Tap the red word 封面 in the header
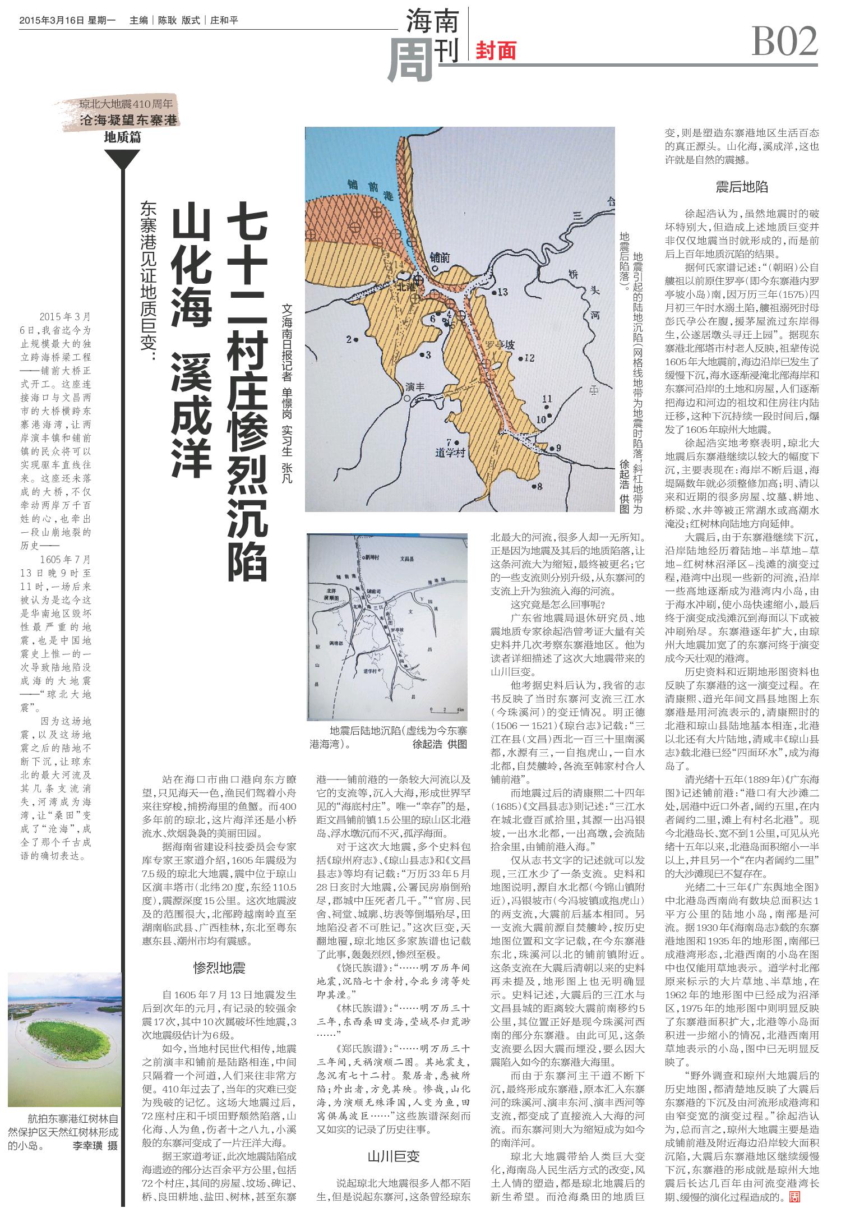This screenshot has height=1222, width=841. coord(496,51)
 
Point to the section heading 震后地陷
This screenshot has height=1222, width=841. coord(741,187)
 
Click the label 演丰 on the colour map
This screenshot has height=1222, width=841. coord(415,386)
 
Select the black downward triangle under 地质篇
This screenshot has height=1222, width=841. coord(122,161)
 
